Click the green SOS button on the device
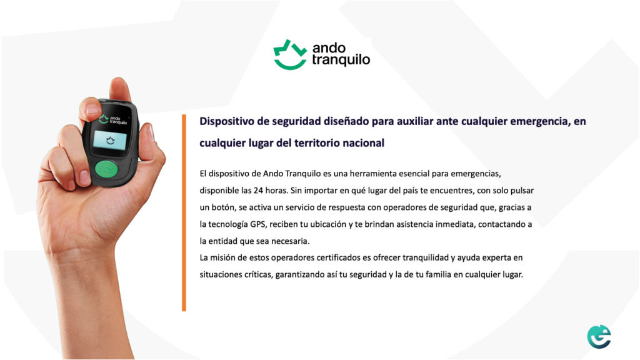[106, 169]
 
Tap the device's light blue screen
[110, 140]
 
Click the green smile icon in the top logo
[290, 55]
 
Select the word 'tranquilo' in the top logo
[341, 60]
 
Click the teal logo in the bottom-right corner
[599, 337]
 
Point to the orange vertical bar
[184, 212]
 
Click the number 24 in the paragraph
[258, 191]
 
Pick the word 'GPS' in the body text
[258, 224]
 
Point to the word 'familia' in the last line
[438, 275]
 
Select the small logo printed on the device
[114, 119]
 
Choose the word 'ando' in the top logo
[329, 48]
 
